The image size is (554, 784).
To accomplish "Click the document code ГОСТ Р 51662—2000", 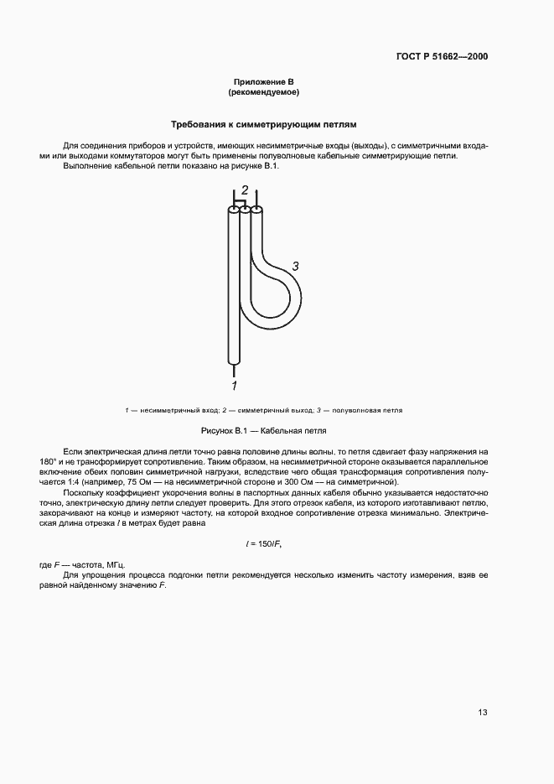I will pos(442,57).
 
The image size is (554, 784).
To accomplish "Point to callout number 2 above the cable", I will pos(245,190).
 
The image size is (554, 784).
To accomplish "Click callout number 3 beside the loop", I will pos(295,266).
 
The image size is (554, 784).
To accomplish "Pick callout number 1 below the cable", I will pos(235,386).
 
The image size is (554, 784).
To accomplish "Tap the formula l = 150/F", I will pos(264,544).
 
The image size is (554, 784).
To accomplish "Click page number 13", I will pos(482,713).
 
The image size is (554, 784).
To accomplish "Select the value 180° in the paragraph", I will pos(74,462).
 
